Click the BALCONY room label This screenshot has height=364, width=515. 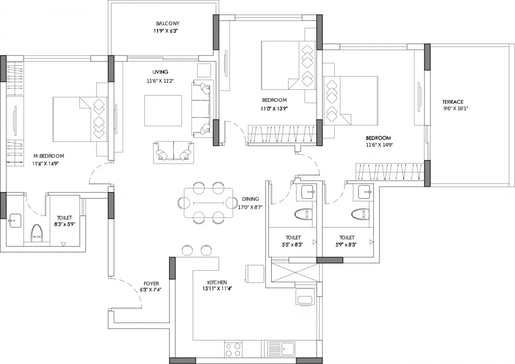168,24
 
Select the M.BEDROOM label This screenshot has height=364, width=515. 48,156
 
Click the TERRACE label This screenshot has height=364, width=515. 452,102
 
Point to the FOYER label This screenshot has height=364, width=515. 151,284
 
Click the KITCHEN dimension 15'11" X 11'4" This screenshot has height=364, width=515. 217,288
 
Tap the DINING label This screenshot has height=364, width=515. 250,199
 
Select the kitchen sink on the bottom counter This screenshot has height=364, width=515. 281,348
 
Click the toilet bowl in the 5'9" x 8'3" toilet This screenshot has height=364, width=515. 360,214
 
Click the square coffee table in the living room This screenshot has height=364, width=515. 163,111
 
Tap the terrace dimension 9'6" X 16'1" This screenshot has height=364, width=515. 456,108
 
